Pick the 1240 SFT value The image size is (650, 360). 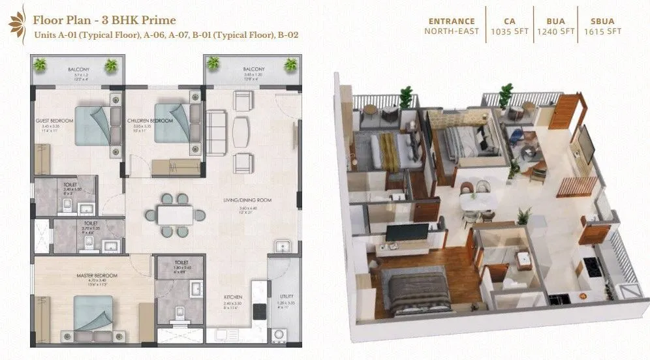click(556, 31)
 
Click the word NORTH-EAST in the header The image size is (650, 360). click(452, 31)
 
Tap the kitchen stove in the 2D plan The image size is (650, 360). click(258, 310)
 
